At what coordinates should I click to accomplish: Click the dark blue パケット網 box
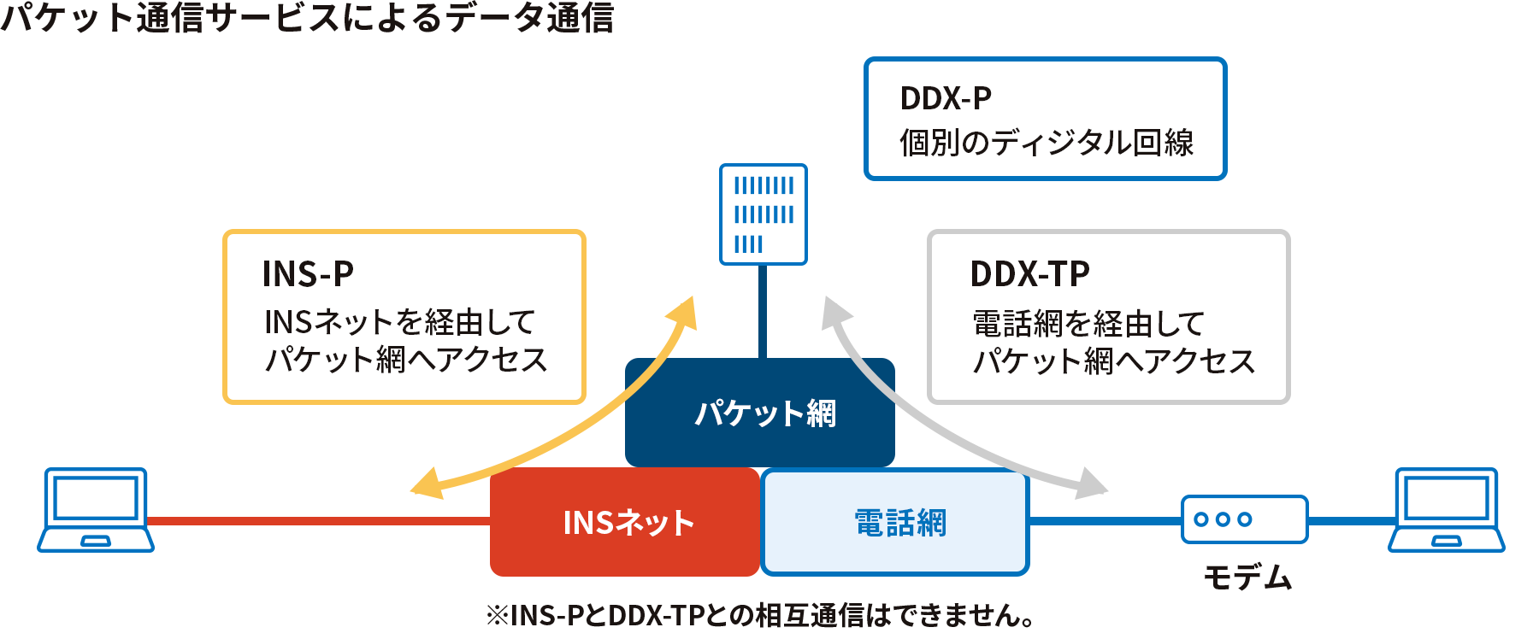pyautogui.click(x=759, y=413)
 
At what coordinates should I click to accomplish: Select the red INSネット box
pyautogui.click(x=625, y=522)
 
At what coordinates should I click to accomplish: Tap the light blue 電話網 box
pyautogui.click(x=895, y=522)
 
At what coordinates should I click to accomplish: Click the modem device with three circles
pyautogui.click(x=1245, y=519)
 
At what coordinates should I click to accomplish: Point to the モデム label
pyautogui.click(x=1247, y=577)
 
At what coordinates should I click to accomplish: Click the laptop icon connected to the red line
pyautogui.click(x=96, y=510)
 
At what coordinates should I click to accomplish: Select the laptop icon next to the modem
pyautogui.click(x=1447, y=510)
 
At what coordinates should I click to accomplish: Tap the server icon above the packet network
pyautogui.click(x=764, y=214)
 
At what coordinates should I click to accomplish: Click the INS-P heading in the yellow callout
pyautogui.click(x=308, y=274)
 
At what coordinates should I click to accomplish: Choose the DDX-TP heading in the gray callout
pyautogui.click(x=1029, y=274)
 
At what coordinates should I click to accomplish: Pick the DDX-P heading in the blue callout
pyautogui.click(x=946, y=98)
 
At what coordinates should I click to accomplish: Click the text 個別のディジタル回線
pyautogui.click(x=1047, y=143)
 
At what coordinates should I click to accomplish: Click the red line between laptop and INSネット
pyautogui.click(x=318, y=520)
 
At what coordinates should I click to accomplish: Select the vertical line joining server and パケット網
pyautogui.click(x=763, y=312)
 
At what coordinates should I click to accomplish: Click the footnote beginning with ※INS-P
pyautogui.click(x=760, y=615)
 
